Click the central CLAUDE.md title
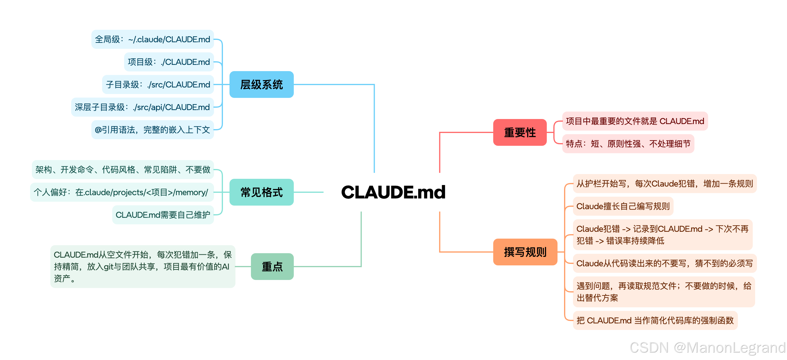click(393, 192)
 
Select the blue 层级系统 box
click(262, 84)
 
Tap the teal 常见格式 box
click(262, 192)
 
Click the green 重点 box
click(272, 267)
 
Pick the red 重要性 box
click(520, 132)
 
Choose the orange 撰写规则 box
click(525, 252)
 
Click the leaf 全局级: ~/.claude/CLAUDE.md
click(152, 39)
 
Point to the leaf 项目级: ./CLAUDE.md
click(169, 62)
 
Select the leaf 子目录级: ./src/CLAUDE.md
click(158, 84)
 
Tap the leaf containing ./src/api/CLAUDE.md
click(142, 107)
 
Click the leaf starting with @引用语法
click(152, 130)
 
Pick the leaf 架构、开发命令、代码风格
click(123, 170)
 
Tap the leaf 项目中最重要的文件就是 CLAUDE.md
click(635, 121)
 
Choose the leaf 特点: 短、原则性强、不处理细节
click(628, 143)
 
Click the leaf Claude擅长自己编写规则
click(623, 206)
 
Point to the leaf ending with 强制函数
click(655, 320)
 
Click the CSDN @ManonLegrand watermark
click(707, 348)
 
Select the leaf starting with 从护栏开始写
click(664, 184)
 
